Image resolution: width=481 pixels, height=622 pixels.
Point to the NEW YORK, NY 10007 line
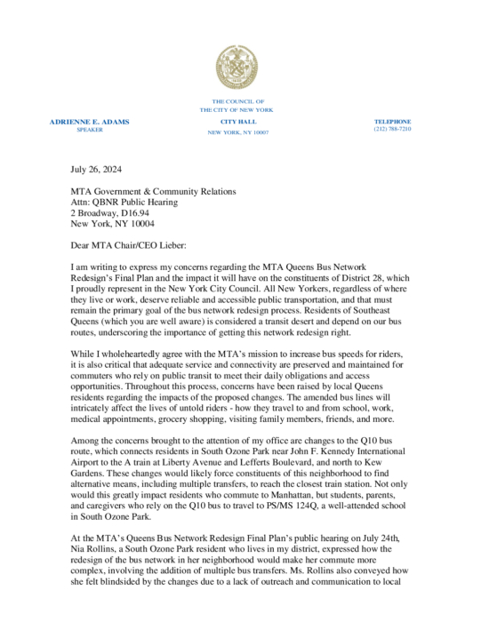[237, 132]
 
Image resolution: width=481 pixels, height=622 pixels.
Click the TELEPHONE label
[392, 121]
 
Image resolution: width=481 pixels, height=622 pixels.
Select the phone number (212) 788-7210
[392, 130]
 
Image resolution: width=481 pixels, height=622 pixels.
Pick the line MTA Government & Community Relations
[153, 191]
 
